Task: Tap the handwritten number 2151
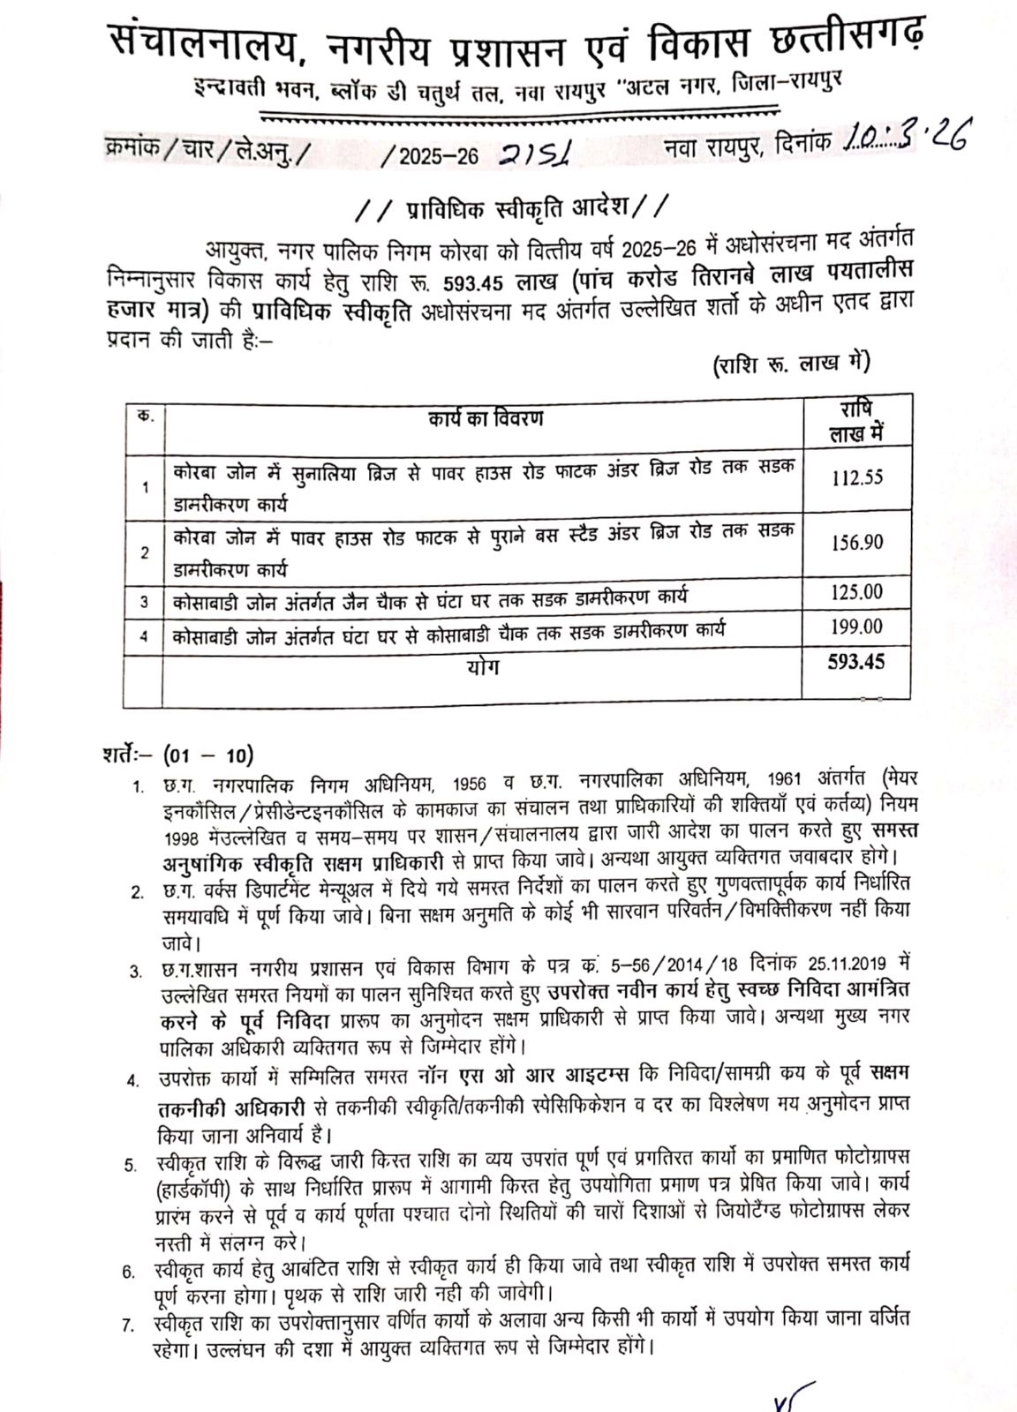pos(535,155)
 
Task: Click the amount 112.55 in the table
pos(856,478)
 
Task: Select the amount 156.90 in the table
pos(856,543)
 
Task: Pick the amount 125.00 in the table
pos(856,591)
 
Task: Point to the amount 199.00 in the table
pos(856,627)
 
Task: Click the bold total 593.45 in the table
pos(855,661)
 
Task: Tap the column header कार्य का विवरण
pos(486,417)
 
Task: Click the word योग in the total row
pos(483,667)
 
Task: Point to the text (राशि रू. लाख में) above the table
pos(791,364)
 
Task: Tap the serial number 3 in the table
pos(144,602)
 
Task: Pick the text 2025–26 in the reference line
pos(438,157)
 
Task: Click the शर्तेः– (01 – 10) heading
pos(177,755)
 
